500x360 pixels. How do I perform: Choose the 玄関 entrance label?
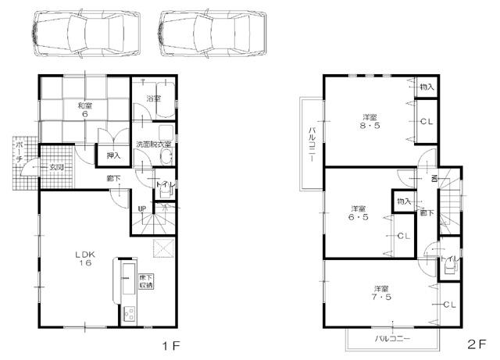pyautogui.click(x=56, y=166)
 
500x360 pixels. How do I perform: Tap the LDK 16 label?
pyautogui.click(x=84, y=258)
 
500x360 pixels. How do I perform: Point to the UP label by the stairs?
pyautogui.click(x=141, y=209)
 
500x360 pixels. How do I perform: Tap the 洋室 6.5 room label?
pyautogui.click(x=359, y=212)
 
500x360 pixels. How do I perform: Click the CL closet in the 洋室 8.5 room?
pyautogui.click(x=426, y=122)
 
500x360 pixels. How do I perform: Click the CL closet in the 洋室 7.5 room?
pyautogui.click(x=449, y=304)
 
